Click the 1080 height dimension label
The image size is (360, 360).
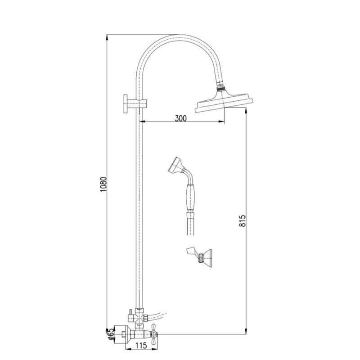[103, 184]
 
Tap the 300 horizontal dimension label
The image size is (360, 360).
[181, 118]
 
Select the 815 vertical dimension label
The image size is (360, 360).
[242, 221]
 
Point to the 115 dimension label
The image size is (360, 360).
[141, 346]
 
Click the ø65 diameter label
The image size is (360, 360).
[110, 335]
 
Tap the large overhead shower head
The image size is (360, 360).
[224, 102]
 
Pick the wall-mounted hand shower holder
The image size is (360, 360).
[199, 257]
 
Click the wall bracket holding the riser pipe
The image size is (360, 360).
[135, 103]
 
